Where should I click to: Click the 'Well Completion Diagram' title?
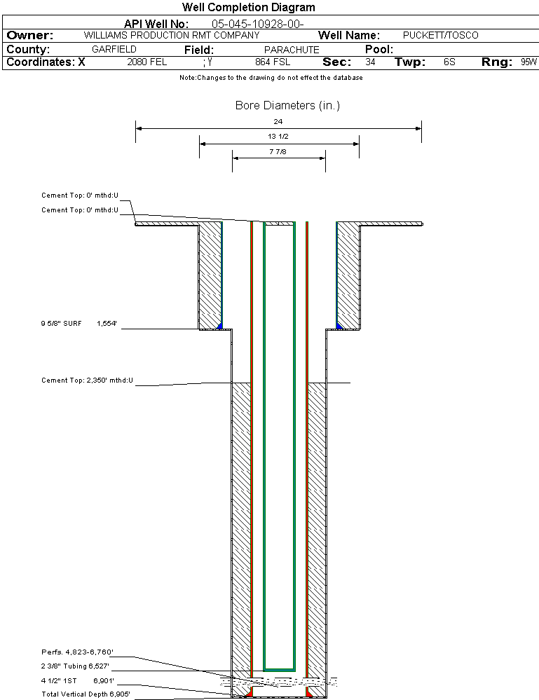click(248, 7)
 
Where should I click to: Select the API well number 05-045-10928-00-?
click(258, 24)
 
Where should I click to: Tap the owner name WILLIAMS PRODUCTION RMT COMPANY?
click(172, 35)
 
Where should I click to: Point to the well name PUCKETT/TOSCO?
click(440, 35)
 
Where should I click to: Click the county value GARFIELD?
click(114, 49)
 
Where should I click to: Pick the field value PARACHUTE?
click(292, 50)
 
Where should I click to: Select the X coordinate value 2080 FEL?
click(147, 62)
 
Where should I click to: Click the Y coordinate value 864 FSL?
click(273, 62)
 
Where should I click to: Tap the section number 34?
click(370, 62)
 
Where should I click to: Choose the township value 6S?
click(449, 62)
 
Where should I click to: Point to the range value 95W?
click(528, 62)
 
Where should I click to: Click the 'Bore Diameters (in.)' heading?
click(287, 105)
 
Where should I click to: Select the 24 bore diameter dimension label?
click(278, 121)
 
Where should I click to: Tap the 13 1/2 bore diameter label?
click(278, 136)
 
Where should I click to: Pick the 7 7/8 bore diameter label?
click(278, 152)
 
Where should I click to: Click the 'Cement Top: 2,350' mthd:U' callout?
click(87, 380)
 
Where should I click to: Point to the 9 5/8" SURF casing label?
click(61, 323)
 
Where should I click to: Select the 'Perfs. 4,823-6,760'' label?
click(77, 652)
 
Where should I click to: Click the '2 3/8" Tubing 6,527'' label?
click(75, 666)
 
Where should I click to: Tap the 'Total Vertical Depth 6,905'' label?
click(86, 694)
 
